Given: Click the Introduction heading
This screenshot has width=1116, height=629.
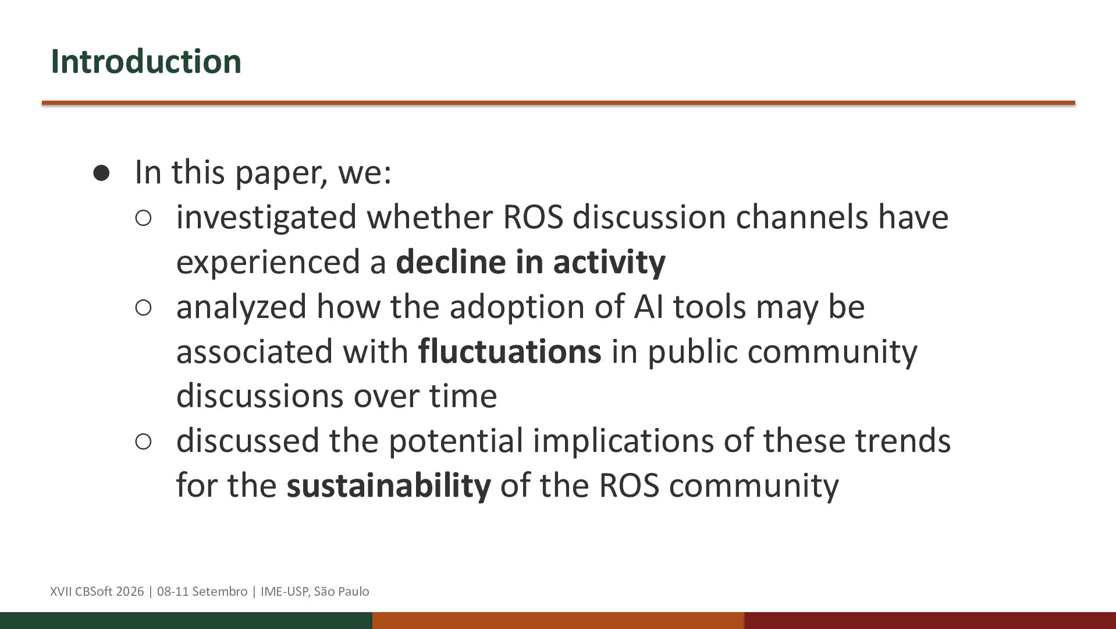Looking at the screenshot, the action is point(146,61).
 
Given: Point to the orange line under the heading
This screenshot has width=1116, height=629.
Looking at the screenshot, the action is point(559,103).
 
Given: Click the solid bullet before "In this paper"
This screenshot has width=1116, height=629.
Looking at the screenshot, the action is point(101,173).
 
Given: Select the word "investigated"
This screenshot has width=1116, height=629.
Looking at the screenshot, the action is point(266,217).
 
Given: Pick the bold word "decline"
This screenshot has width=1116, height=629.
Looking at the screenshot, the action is point(451,262).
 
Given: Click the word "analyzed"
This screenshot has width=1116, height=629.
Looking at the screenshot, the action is point(241,307).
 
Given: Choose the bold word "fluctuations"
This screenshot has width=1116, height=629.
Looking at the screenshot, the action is point(510,351).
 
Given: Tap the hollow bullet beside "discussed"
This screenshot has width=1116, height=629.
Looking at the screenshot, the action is point(143,441).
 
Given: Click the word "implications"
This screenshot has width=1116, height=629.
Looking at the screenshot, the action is point(623,441).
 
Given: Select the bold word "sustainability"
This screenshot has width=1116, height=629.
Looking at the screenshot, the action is point(389,486).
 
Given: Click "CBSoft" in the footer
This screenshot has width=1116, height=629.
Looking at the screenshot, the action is point(94,592).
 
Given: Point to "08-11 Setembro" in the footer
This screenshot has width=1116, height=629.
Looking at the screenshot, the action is point(202,592).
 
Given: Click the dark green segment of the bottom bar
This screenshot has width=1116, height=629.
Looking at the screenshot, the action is point(186,621).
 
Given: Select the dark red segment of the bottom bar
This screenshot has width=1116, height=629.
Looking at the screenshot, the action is point(930,621).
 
